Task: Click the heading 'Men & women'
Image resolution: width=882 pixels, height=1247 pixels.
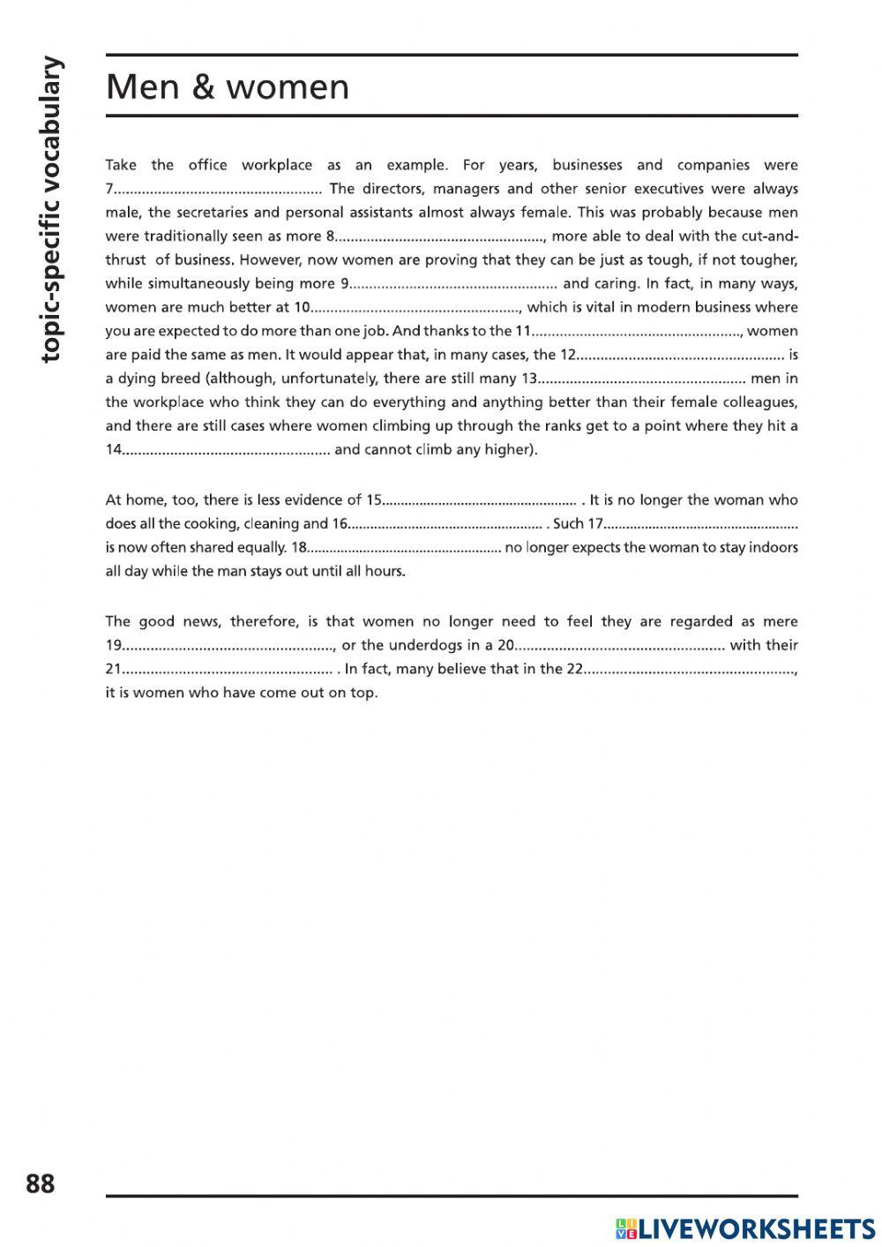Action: pos(228,87)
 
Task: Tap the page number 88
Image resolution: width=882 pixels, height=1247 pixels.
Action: pos(41,1183)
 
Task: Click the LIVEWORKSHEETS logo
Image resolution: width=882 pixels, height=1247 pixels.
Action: pos(745,1228)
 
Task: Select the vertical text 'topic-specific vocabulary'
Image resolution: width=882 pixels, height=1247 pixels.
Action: pos(52,209)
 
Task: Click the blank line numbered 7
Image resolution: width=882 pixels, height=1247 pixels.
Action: pos(218,189)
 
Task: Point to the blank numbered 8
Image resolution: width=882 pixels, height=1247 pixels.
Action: pos(441,237)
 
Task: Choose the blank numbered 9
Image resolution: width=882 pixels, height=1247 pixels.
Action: pos(453,284)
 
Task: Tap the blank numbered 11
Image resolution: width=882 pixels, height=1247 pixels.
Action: pos(638,332)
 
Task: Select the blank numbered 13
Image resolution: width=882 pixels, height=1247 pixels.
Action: pos(641,379)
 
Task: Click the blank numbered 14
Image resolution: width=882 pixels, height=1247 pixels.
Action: pos(226,450)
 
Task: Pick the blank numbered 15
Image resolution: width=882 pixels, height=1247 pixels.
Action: pos(480,500)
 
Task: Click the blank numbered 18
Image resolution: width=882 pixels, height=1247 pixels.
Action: pos(405,548)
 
